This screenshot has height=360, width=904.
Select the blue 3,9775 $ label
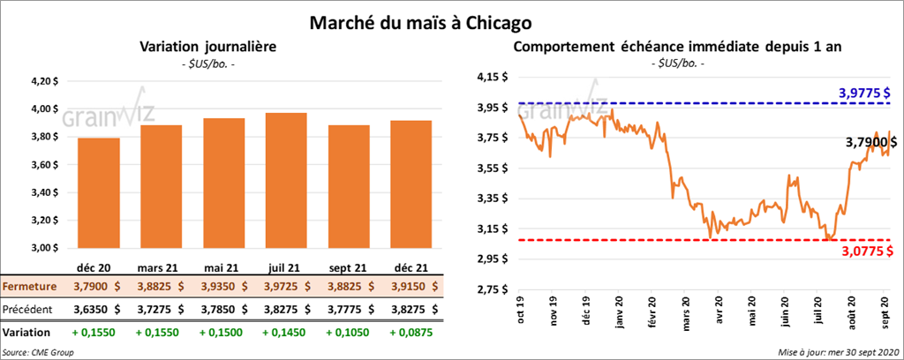point(863,94)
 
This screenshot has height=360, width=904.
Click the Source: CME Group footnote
point(38,352)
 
